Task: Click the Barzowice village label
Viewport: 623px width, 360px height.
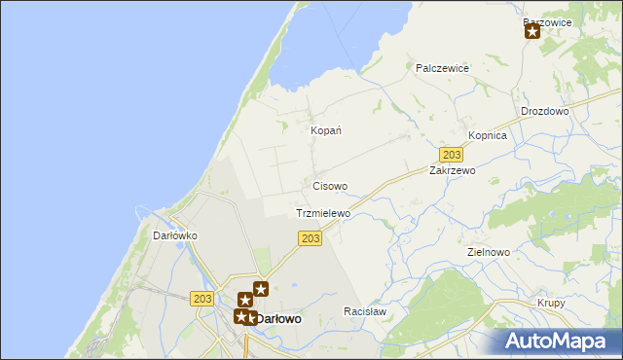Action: coord(546,21)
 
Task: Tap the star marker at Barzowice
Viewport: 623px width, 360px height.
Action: coord(532,31)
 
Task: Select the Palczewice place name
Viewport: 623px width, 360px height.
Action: coord(442,68)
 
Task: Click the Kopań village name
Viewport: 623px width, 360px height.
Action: coord(324,130)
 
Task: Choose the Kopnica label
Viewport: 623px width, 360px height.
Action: coord(488,136)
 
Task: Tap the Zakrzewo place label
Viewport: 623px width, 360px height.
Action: coord(452,170)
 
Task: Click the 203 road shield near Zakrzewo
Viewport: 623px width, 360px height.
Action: coord(451,155)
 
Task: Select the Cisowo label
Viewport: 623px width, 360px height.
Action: coord(330,186)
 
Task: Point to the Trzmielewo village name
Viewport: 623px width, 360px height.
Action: coord(322,213)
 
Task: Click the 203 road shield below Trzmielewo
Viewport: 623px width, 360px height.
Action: coord(311,239)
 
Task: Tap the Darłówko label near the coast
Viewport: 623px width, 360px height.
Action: coord(176,235)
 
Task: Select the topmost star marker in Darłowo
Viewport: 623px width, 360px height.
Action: coord(261,288)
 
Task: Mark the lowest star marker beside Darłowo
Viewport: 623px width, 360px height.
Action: coord(240,316)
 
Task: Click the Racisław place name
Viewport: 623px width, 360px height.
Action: coord(365,311)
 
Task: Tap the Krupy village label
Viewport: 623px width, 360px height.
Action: coord(551,303)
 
